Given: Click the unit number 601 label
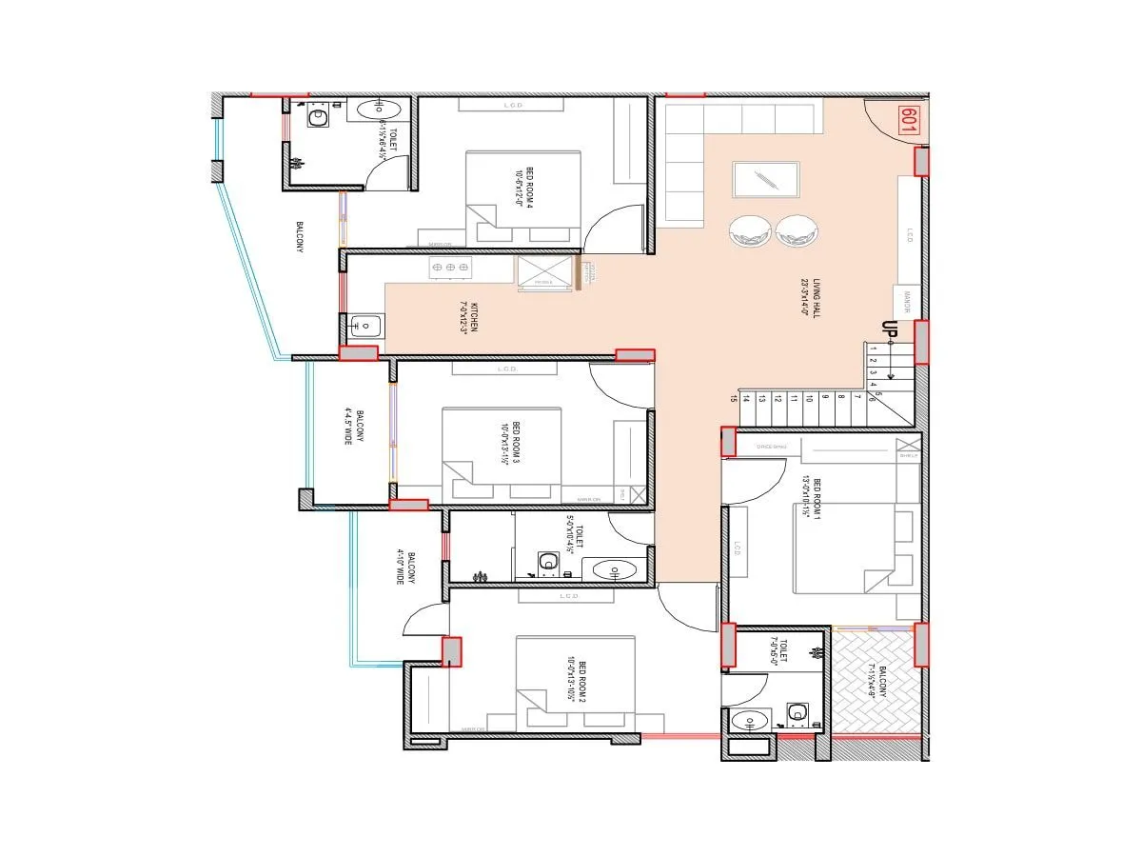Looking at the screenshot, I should coord(908,120).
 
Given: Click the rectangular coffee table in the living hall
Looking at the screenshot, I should coord(765,181).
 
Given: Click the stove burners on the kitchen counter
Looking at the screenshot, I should coord(450,269).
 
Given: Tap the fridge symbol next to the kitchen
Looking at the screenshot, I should coord(544,271).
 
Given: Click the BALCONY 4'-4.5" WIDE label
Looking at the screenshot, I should coord(348,426).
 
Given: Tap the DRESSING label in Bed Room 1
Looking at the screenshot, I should coord(772,446).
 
